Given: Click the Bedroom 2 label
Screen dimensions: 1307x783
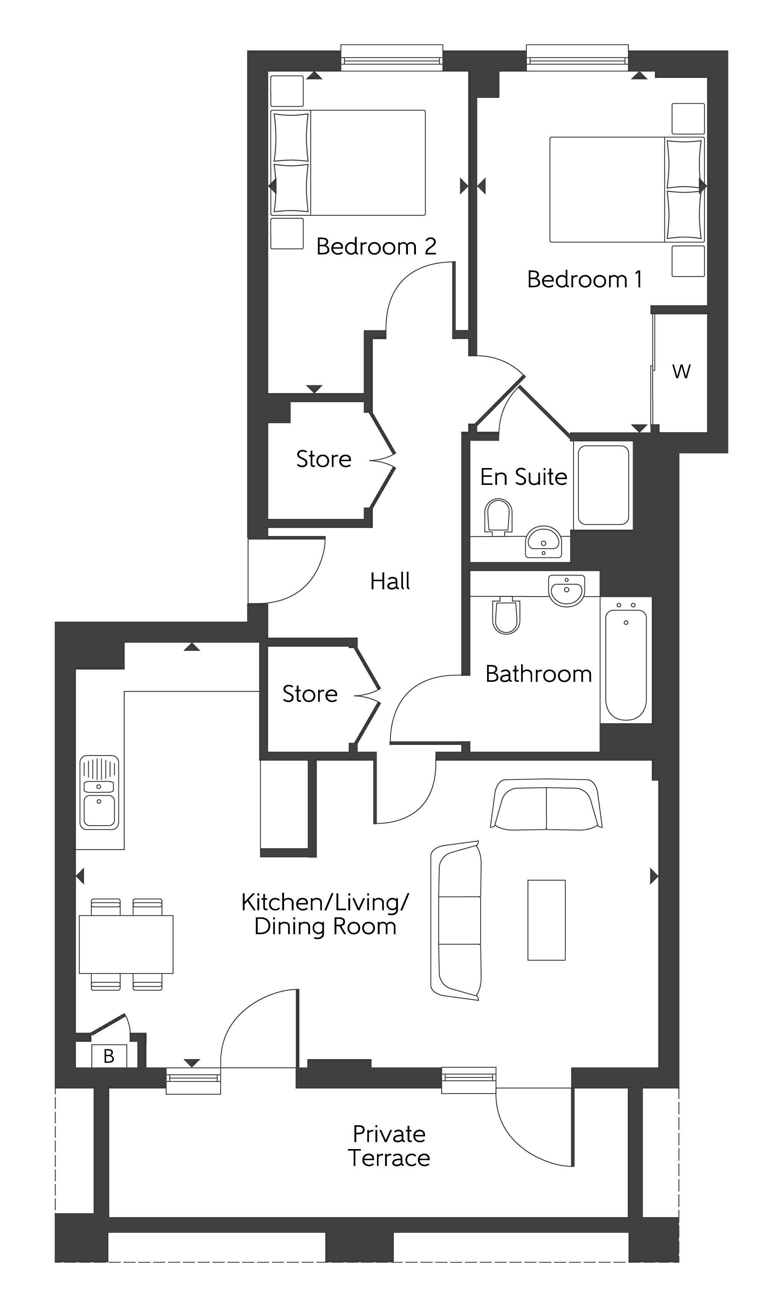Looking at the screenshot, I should [376, 246].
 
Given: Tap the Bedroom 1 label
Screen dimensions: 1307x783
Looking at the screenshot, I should [585, 279].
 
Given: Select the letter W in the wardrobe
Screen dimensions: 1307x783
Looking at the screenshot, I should [681, 371].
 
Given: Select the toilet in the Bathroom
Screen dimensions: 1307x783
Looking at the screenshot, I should [506, 615].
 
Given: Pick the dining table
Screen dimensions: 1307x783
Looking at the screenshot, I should [126, 944].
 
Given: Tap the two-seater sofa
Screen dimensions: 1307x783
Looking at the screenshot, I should [546, 805].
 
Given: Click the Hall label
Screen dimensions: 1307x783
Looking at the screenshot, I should [390, 582].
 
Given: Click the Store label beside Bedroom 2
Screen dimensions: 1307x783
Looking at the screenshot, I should [323, 459].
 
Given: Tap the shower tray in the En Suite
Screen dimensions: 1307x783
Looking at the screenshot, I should [603, 485].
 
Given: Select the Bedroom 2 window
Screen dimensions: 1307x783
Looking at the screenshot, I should [391, 58].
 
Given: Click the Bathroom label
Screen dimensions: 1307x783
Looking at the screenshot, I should [538, 675].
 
